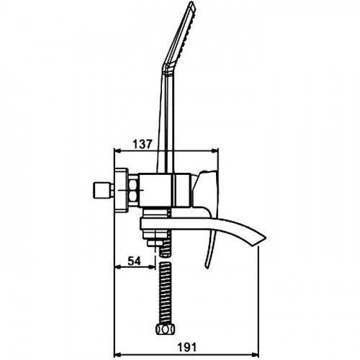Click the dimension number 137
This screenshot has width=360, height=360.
point(143,144)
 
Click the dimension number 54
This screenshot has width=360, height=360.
point(134,261)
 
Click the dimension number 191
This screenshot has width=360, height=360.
point(186,348)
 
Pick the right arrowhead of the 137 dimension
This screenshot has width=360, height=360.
point(215,150)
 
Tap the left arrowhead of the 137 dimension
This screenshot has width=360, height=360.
point(117,150)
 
